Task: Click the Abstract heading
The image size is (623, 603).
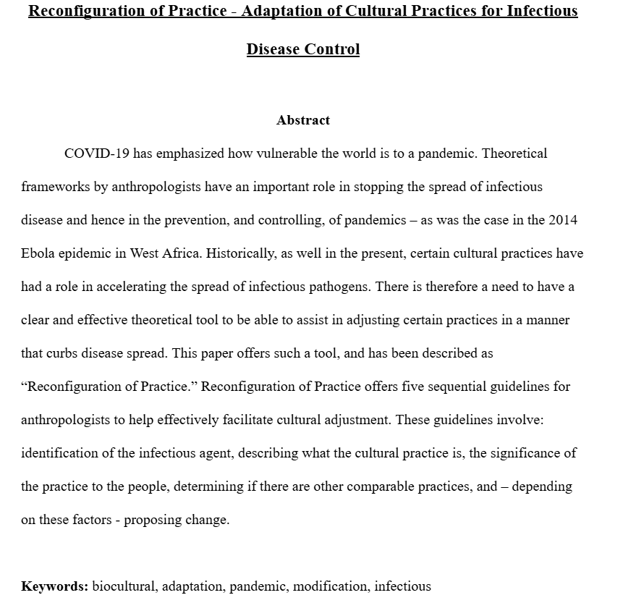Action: pyautogui.click(x=302, y=120)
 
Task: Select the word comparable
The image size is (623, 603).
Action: pyautogui.click(x=381, y=486)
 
